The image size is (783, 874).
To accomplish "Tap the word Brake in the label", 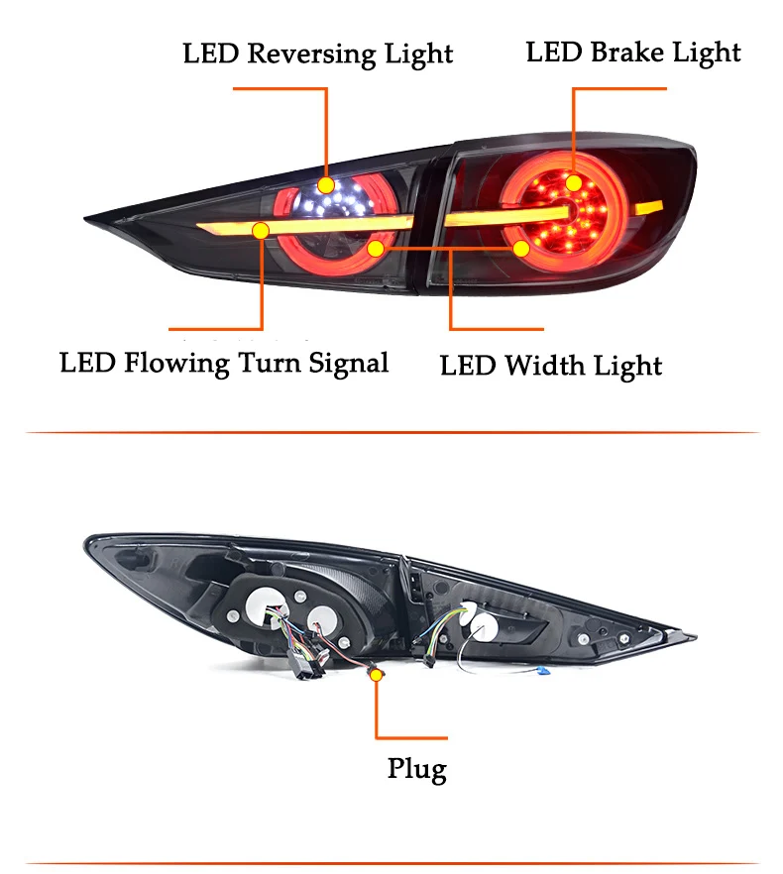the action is point(626,53).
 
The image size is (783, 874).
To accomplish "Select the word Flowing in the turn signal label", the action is point(176,364).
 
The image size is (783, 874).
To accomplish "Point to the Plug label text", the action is point(417,770).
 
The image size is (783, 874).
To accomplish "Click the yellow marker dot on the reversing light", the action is point(326,185).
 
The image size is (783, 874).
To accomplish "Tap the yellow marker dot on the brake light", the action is point(573,182).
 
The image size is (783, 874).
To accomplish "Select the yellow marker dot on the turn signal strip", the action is point(261,230).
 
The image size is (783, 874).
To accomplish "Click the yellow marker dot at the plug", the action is point(377,676).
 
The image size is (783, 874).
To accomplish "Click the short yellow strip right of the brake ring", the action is point(649,207).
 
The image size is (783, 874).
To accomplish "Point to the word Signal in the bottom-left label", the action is point(349,364).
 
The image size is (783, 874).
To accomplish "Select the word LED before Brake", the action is point(554,53).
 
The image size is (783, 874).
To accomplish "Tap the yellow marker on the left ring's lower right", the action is point(376,249).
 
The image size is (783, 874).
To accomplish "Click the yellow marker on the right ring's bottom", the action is point(521,249).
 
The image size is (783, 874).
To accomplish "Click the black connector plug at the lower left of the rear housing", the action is point(304,665).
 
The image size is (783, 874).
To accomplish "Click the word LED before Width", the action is point(468,367).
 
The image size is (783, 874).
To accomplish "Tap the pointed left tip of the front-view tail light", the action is point(85,218).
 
